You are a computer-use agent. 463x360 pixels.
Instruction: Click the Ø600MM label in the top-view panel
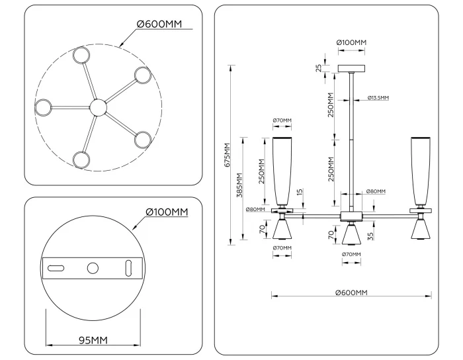tap(159, 24)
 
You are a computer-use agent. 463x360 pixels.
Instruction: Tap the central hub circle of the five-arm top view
tap(97, 107)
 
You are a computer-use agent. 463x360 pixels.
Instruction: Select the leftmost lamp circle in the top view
tap(44, 107)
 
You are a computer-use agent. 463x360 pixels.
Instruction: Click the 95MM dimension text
tap(93, 340)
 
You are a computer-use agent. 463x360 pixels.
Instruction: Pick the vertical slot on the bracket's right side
tap(130, 268)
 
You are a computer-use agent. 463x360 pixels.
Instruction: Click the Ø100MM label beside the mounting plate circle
tap(167, 212)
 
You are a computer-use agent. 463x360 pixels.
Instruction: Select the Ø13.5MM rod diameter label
tap(378, 98)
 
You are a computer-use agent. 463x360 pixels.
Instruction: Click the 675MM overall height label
tap(228, 155)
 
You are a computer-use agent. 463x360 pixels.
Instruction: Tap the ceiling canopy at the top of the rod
tap(351, 68)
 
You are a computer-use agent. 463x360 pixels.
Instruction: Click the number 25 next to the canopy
tap(319, 68)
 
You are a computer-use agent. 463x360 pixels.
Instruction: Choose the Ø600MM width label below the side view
tap(351, 292)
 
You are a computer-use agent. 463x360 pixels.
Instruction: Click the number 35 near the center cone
tap(372, 234)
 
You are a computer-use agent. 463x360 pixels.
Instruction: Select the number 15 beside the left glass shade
tap(299, 193)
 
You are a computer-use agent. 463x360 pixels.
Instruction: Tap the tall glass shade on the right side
tap(421, 171)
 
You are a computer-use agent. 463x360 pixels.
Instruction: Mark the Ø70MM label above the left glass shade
tap(282, 120)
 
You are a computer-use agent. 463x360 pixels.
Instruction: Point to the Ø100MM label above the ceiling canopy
tap(351, 42)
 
